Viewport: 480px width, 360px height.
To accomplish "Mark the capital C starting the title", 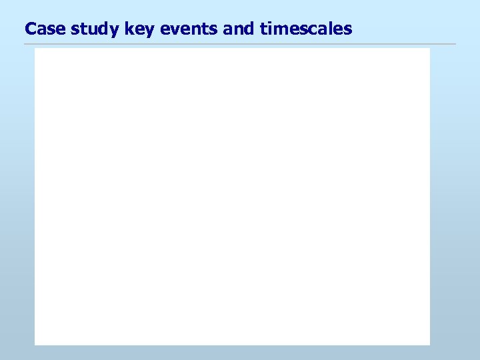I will pos(30,29).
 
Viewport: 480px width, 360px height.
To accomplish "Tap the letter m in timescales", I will pos(273,30).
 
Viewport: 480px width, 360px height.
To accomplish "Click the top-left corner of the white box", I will pos(35,48).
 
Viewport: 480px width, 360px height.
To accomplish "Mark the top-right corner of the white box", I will pos(430,48).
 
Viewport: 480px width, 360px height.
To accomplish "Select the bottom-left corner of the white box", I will pos(35,345).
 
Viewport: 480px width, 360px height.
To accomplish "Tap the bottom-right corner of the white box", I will pos(430,345).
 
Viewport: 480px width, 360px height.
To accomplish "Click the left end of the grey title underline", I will pos(25,45).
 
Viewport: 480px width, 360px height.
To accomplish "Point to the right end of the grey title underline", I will pos(456,45).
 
